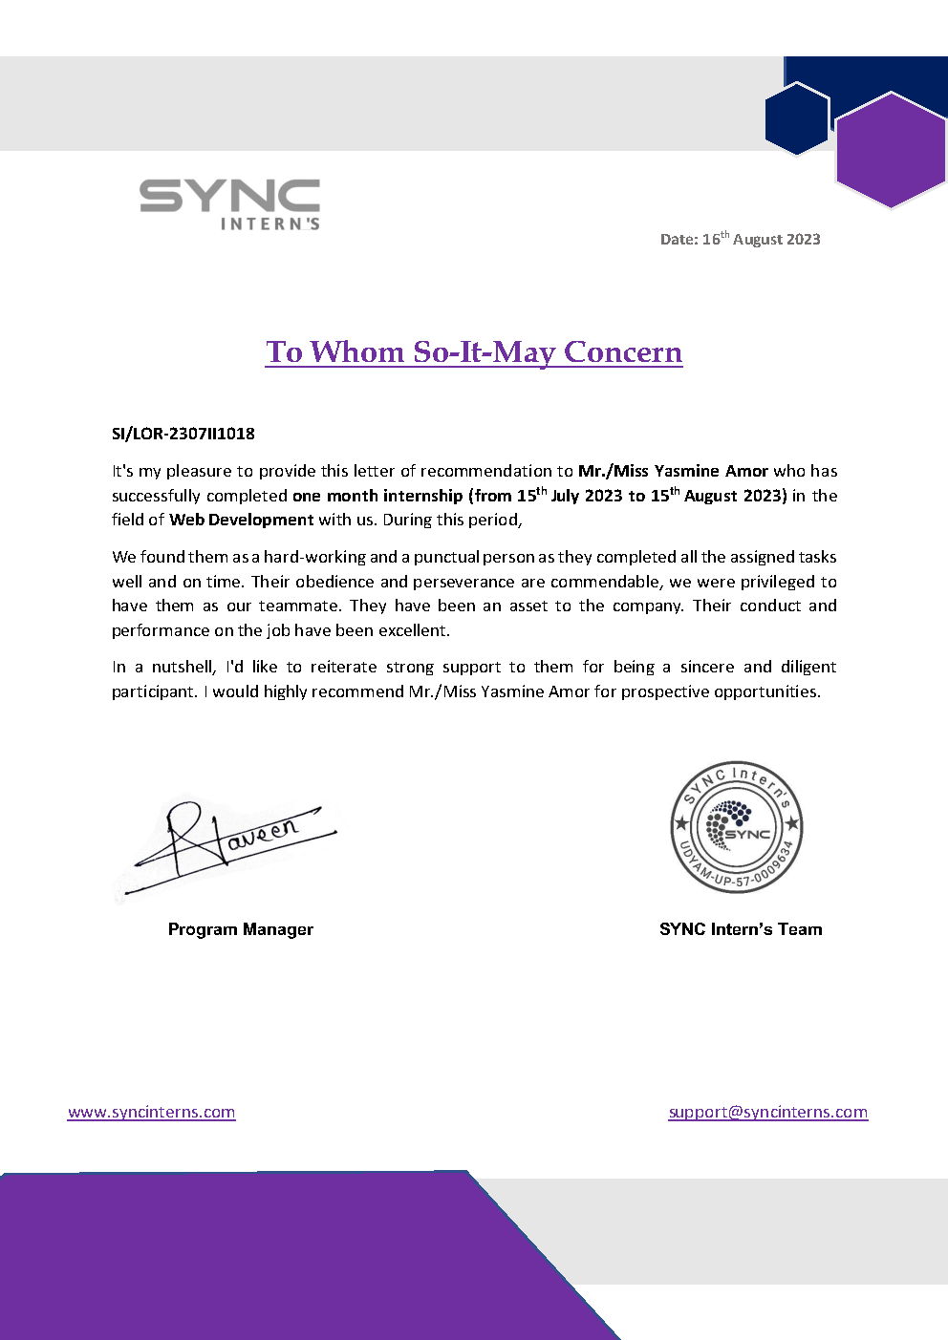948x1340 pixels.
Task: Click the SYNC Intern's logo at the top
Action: pyautogui.click(x=229, y=203)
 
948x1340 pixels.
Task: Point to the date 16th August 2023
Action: pyautogui.click(x=741, y=239)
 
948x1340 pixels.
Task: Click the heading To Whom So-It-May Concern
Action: pyautogui.click(x=474, y=352)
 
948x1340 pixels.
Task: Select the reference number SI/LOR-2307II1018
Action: pyautogui.click(x=183, y=434)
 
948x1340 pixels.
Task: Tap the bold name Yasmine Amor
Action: pyautogui.click(x=711, y=471)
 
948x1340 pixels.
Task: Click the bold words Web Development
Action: pyautogui.click(x=242, y=520)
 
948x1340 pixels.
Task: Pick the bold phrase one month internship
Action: pyautogui.click(x=377, y=496)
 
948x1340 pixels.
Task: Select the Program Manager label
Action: pyautogui.click(x=241, y=929)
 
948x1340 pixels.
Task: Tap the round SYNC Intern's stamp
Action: pyautogui.click(x=737, y=827)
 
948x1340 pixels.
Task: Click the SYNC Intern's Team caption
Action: pyautogui.click(x=741, y=929)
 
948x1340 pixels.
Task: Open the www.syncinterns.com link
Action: pyautogui.click(x=151, y=1112)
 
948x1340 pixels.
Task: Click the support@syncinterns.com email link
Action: pyautogui.click(x=768, y=1112)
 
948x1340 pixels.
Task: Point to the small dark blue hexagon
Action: pyautogui.click(x=796, y=118)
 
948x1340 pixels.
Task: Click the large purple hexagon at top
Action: pyautogui.click(x=891, y=149)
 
